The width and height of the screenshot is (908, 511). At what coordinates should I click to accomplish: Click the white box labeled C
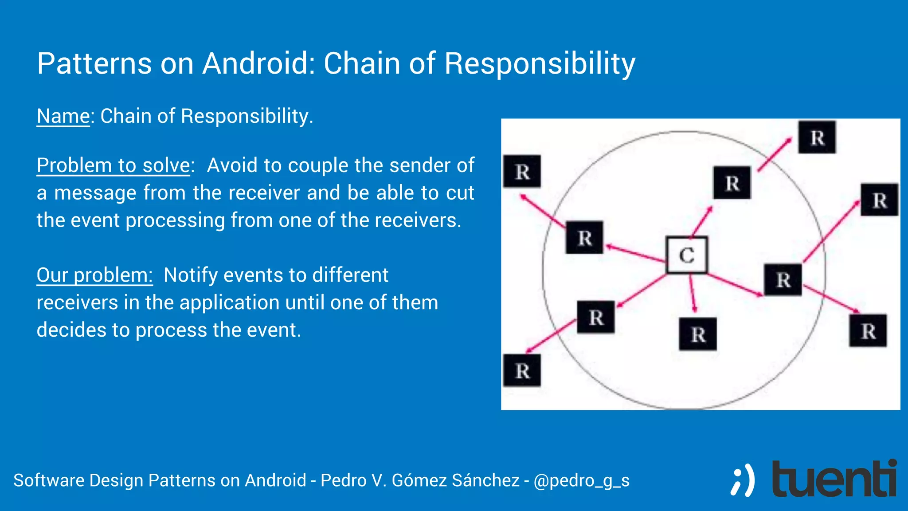(686, 255)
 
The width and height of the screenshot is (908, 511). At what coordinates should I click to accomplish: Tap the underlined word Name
(63, 116)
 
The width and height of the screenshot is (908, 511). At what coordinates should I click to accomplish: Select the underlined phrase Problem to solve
(113, 165)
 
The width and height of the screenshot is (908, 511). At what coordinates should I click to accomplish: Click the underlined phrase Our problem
(94, 275)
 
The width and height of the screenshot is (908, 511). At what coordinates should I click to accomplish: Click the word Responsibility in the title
(540, 64)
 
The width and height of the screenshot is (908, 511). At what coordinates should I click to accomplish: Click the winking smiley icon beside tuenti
(742, 480)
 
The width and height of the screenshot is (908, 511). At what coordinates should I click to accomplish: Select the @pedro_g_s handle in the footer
(581, 480)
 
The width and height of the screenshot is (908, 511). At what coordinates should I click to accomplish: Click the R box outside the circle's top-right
(817, 138)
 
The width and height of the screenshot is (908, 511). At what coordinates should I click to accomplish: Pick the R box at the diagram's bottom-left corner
(522, 370)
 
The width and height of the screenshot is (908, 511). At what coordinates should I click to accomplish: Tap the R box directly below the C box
(698, 334)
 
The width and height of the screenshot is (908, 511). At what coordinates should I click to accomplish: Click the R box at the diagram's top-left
(522, 172)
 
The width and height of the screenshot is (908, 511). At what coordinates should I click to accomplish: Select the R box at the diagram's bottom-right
(868, 331)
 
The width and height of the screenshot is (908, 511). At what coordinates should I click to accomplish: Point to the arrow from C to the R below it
(692, 293)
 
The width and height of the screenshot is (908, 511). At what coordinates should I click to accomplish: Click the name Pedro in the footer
(340, 480)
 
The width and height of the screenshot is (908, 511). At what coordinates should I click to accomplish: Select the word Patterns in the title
(94, 63)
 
